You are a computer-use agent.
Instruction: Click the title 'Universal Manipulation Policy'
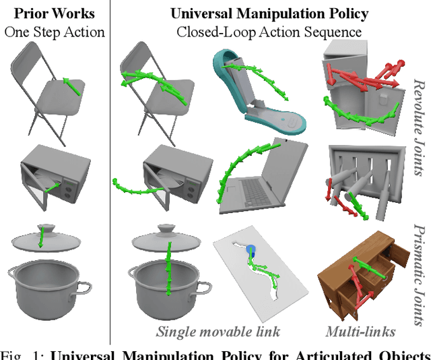coord(269,13)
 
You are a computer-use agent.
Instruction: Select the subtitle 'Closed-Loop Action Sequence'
coord(269,31)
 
